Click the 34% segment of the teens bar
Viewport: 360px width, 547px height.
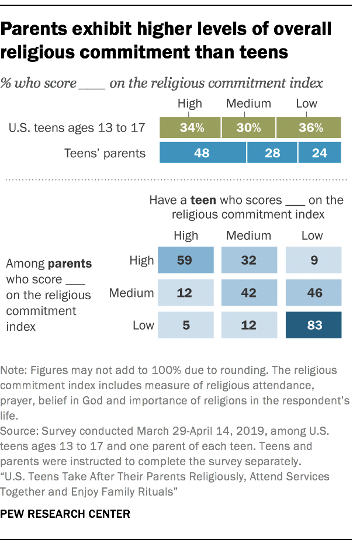click(x=190, y=128)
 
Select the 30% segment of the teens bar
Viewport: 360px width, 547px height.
click(x=248, y=128)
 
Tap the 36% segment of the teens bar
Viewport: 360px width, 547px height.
click(x=309, y=128)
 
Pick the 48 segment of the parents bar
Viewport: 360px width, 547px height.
click(x=203, y=154)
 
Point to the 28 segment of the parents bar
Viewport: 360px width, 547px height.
click(x=272, y=154)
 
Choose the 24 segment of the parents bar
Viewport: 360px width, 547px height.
click(x=319, y=154)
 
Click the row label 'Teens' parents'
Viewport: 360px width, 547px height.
click(x=106, y=154)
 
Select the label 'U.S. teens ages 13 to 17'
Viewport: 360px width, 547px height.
click(x=77, y=128)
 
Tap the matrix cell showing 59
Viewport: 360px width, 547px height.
click(x=185, y=261)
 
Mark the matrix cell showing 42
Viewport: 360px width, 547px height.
click(x=249, y=292)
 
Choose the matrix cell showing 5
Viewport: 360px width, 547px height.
click(x=185, y=324)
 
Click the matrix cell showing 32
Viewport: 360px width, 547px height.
click(x=249, y=261)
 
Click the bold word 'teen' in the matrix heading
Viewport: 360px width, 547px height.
click(x=229, y=200)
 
